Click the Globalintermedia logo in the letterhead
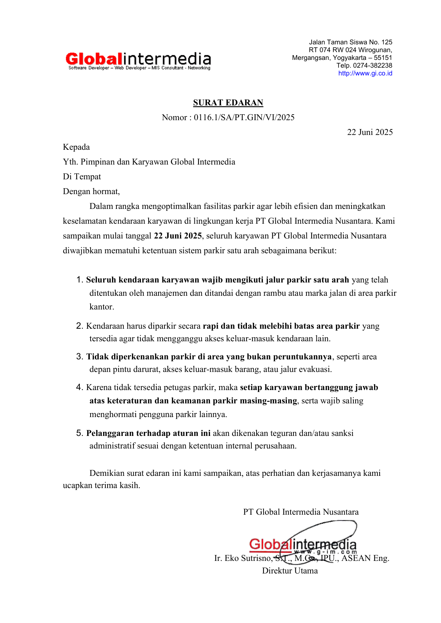(138, 60)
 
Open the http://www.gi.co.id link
(365, 73)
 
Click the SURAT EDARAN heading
(228, 103)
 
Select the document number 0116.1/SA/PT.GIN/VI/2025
(244, 118)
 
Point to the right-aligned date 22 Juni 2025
(370, 132)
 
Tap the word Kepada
(76, 147)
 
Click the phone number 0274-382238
(372, 65)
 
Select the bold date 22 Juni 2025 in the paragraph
(178, 236)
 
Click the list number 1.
(79, 280)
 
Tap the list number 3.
(79, 356)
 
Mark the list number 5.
(79, 433)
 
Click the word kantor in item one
(102, 307)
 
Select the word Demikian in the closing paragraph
(107, 473)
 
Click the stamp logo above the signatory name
(302, 544)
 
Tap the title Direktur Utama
(290, 571)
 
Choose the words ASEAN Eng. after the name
(365, 558)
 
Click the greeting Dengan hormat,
(91, 192)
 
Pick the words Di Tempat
(82, 177)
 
